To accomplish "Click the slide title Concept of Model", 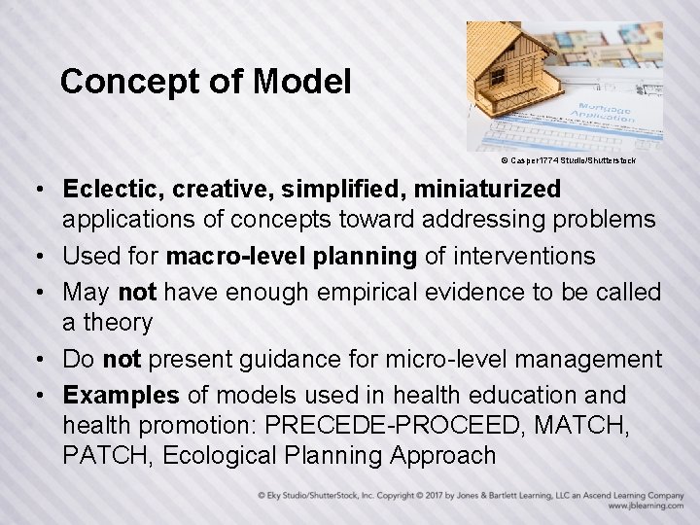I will pyautogui.click(x=205, y=82).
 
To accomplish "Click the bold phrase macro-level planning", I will pyautogui.click(x=292, y=257).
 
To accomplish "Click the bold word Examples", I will pyautogui.click(x=122, y=396).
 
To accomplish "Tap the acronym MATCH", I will pyautogui.click(x=589, y=426).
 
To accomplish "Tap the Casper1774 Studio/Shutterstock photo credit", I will pyautogui.click(x=568, y=159).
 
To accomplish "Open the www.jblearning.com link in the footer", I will pyautogui.click(x=646, y=507).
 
